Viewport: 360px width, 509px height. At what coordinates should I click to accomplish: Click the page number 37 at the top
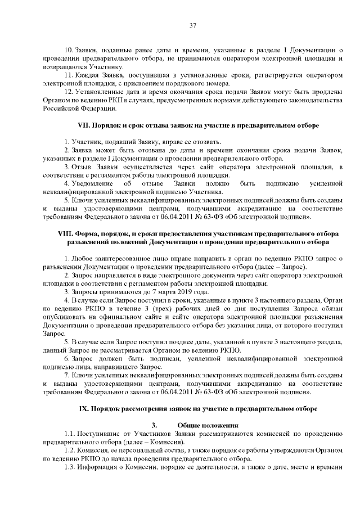tap(192, 25)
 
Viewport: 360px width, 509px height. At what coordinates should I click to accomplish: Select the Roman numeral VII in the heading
tap(83, 125)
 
